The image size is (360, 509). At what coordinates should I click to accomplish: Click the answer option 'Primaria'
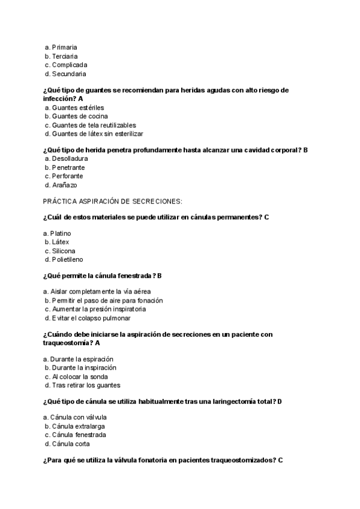point(64,47)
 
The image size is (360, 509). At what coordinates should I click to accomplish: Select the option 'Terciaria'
point(65,56)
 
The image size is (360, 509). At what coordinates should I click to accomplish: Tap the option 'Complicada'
point(70,65)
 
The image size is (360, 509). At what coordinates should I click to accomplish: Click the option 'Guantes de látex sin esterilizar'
point(97,134)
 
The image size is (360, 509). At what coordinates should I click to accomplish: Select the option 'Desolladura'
point(68,158)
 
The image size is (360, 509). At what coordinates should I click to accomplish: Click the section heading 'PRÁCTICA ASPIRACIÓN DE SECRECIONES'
point(113,201)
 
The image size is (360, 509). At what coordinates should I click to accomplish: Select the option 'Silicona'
point(64,251)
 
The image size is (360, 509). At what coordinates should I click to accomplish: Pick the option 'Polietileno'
point(67,260)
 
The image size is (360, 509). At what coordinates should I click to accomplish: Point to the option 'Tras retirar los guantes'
point(86,385)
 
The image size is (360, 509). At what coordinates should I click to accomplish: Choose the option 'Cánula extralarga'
point(79,426)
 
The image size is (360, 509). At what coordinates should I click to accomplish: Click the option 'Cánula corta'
point(70,444)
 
